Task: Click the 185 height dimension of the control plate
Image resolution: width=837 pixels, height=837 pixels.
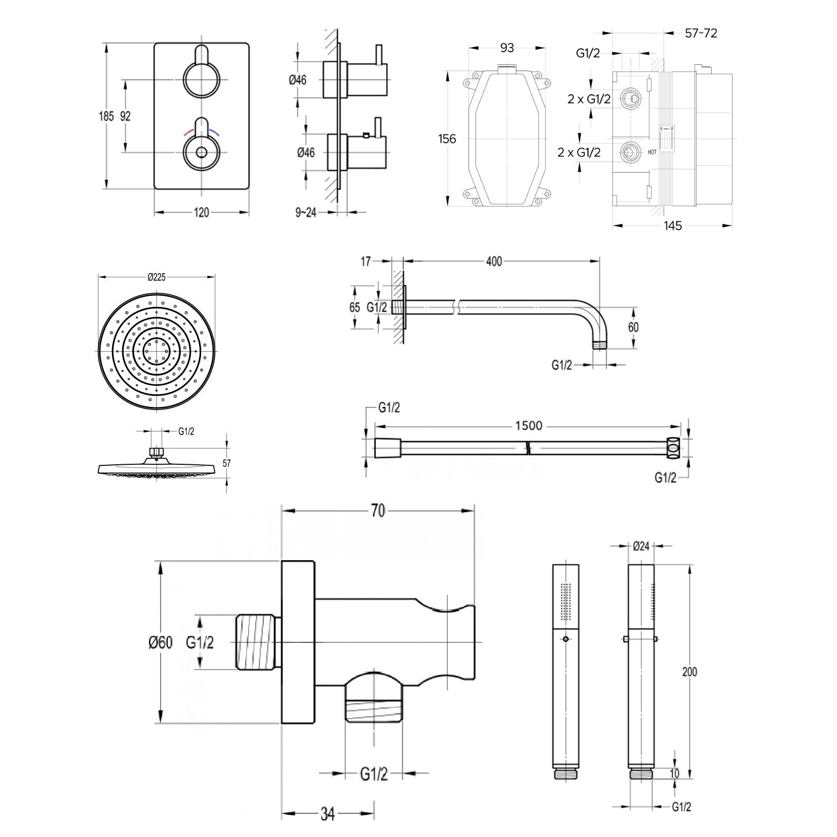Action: coord(106,116)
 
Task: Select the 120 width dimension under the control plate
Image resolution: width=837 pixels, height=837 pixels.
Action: coord(201,213)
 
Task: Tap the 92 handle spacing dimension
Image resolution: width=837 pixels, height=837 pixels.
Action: coord(125,116)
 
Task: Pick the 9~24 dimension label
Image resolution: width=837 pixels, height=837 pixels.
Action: coord(306,213)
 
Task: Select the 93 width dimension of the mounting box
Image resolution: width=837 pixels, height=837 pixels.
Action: coord(506,48)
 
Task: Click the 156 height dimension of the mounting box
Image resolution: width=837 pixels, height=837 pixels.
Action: coord(447,139)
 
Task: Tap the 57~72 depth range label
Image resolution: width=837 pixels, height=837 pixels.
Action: coord(701,33)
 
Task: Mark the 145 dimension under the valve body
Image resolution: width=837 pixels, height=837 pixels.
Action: coord(673,226)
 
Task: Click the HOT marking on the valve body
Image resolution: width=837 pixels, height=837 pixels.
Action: coord(652,152)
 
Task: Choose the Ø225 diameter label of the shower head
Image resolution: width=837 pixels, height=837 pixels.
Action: coord(156,277)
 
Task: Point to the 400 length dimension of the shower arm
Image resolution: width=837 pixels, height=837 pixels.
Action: coord(494,261)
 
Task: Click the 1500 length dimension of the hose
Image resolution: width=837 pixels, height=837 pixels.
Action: coord(529,425)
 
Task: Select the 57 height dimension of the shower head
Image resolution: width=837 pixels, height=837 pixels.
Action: coord(227,463)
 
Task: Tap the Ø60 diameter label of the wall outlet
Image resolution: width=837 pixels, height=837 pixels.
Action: coord(160,643)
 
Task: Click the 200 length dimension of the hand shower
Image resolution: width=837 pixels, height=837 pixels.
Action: coord(689,672)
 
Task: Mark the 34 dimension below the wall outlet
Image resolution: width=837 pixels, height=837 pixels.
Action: coord(327,814)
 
